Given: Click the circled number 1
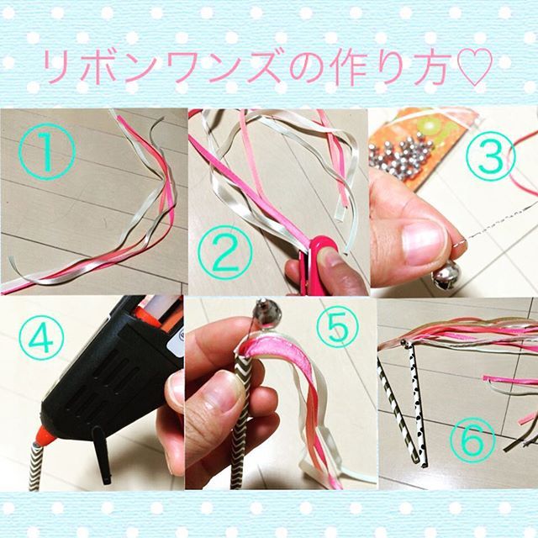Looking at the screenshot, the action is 47,151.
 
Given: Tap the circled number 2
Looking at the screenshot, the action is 225,254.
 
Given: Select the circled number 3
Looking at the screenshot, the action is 491,156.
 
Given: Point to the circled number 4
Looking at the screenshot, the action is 41,337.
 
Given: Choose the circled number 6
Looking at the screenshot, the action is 472,440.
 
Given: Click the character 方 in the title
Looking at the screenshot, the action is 429,67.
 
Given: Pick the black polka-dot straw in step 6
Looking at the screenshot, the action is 418,404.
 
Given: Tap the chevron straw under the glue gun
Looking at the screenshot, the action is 35,466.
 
